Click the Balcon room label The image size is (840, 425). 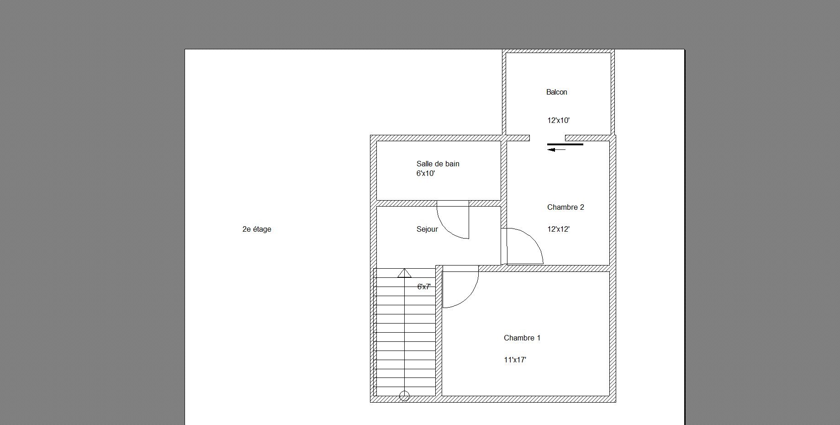pos(556,92)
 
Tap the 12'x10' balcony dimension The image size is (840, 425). pos(558,121)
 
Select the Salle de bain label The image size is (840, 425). pos(438,164)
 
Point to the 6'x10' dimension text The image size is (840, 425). pos(425,173)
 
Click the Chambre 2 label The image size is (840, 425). pos(565,207)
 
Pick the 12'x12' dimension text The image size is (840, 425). pos(558,229)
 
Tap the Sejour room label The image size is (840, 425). pos(427,229)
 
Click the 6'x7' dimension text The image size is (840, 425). pos(424,287)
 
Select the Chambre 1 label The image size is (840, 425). pos(522,338)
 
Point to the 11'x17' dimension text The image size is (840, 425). pos(515,360)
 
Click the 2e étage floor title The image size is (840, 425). pos(257,229)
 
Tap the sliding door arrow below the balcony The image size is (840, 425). pos(556,149)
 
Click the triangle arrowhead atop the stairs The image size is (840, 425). pos(404,273)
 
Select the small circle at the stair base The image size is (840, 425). pos(404,396)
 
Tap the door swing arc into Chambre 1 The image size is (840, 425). pos(468,297)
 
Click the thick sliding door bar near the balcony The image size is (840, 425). pos(565,144)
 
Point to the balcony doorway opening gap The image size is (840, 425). pos(547,138)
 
